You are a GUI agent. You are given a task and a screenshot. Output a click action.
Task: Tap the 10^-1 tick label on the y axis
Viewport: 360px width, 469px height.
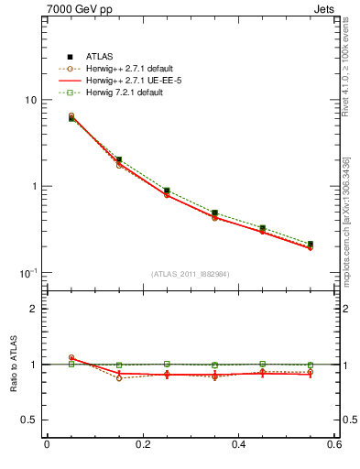point(28,273)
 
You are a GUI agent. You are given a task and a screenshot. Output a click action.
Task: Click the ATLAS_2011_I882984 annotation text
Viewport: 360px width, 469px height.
point(191,274)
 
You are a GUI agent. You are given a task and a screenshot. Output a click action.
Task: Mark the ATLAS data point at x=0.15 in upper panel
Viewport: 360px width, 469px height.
point(119,159)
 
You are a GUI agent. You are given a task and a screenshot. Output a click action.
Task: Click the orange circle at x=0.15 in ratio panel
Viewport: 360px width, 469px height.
point(119,378)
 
